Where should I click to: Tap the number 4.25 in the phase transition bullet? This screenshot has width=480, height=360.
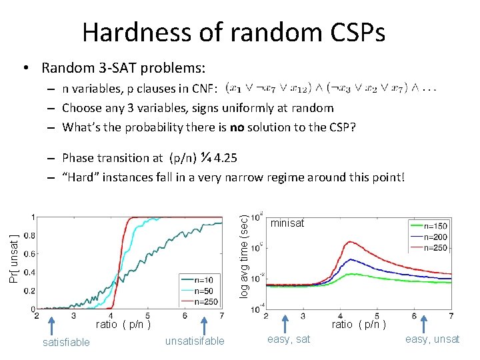[x=225, y=158]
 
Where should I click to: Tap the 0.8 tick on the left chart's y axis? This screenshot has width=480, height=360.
[x=29, y=235]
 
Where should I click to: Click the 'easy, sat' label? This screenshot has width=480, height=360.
[x=289, y=339]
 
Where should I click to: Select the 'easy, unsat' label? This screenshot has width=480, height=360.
[x=433, y=339]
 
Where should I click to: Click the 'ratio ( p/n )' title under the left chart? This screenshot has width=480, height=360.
[x=123, y=325]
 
